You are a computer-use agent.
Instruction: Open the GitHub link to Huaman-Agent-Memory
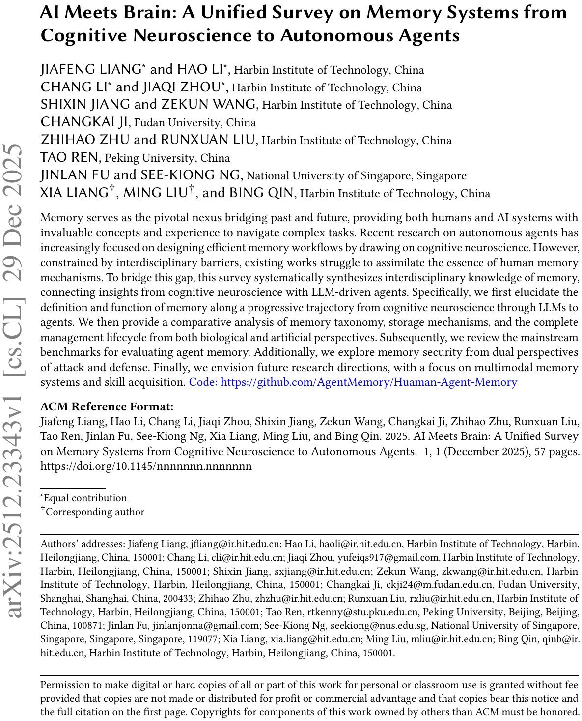click(x=369, y=382)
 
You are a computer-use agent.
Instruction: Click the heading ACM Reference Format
click(x=107, y=406)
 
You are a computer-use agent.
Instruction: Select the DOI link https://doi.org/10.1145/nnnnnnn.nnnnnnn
click(x=146, y=466)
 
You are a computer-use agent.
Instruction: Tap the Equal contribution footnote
click(x=85, y=498)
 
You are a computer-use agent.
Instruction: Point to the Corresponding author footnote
click(x=95, y=512)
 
